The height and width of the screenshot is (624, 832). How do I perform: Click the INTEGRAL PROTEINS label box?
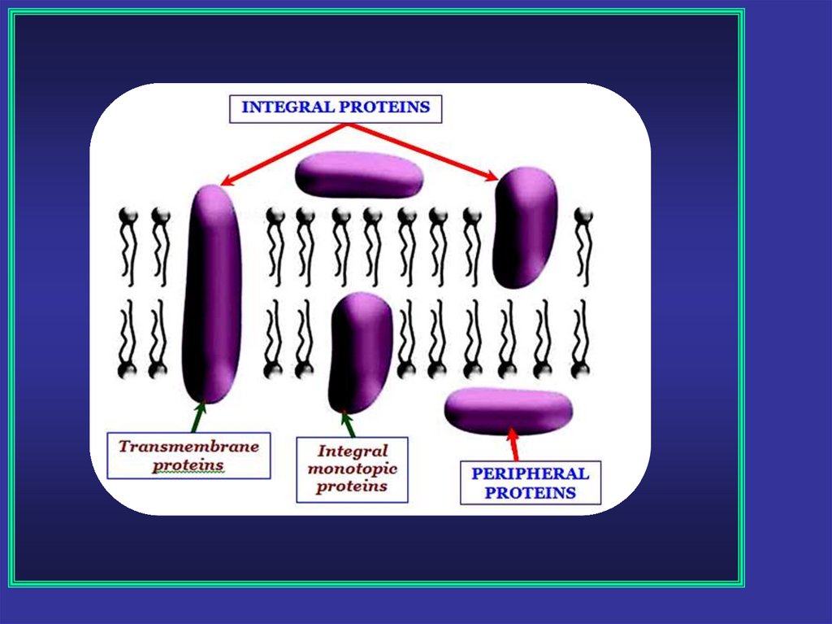(x=336, y=108)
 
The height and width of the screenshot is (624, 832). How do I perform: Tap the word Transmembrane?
(x=188, y=447)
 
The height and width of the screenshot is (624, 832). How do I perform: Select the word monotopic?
(x=352, y=469)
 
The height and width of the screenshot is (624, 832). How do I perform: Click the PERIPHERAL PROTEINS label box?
(x=530, y=483)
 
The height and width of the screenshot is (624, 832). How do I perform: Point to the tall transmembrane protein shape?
(x=212, y=293)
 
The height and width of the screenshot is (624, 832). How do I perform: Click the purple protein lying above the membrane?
(x=358, y=174)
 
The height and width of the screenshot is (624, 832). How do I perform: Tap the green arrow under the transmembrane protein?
(x=197, y=417)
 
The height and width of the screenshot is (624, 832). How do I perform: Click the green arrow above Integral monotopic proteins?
(x=349, y=425)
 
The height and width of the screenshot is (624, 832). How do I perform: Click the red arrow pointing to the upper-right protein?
(x=422, y=151)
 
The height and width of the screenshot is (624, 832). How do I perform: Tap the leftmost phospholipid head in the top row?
(x=128, y=216)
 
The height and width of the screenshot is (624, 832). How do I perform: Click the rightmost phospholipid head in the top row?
(x=583, y=216)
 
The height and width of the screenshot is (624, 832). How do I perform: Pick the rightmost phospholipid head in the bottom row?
(x=580, y=370)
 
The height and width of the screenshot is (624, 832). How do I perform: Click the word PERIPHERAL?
(x=530, y=473)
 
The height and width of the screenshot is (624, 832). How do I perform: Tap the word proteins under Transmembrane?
(x=188, y=465)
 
